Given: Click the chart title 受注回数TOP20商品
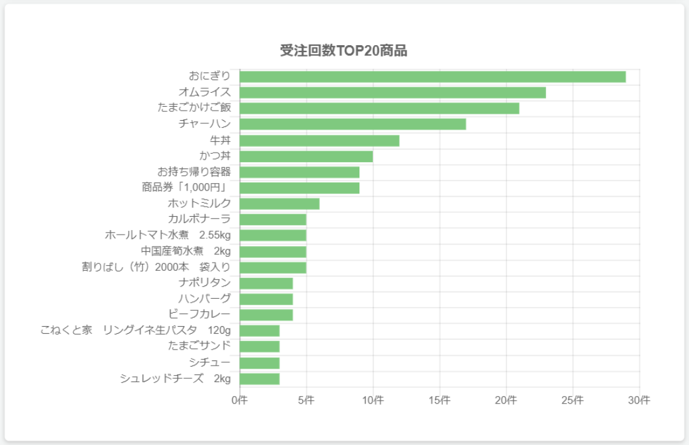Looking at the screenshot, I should click(344, 51).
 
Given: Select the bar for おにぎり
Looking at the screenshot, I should click(432, 77).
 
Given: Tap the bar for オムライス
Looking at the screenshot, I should click(392, 93).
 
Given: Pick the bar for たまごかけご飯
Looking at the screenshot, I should click(379, 109).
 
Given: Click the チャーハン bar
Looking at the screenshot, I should click(352, 124).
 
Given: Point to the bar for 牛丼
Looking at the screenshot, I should click(319, 140).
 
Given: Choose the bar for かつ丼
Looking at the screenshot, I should click(306, 156).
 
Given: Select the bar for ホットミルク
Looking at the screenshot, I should click(279, 204).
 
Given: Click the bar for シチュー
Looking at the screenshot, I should click(260, 363).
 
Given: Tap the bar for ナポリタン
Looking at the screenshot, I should click(266, 284).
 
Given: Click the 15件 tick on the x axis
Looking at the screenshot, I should click(439, 400).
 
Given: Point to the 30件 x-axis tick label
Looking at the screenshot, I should click(639, 400).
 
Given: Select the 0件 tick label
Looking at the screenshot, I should click(239, 400).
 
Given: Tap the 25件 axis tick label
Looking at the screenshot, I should click(572, 400).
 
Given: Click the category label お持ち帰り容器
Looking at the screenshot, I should click(194, 172).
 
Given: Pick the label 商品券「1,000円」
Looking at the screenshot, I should click(186, 188).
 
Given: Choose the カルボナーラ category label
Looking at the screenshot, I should click(199, 219).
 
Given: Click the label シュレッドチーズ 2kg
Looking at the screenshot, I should click(175, 378).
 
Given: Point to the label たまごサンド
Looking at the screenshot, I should click(199, 346).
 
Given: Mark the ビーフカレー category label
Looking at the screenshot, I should click(199, 314).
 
